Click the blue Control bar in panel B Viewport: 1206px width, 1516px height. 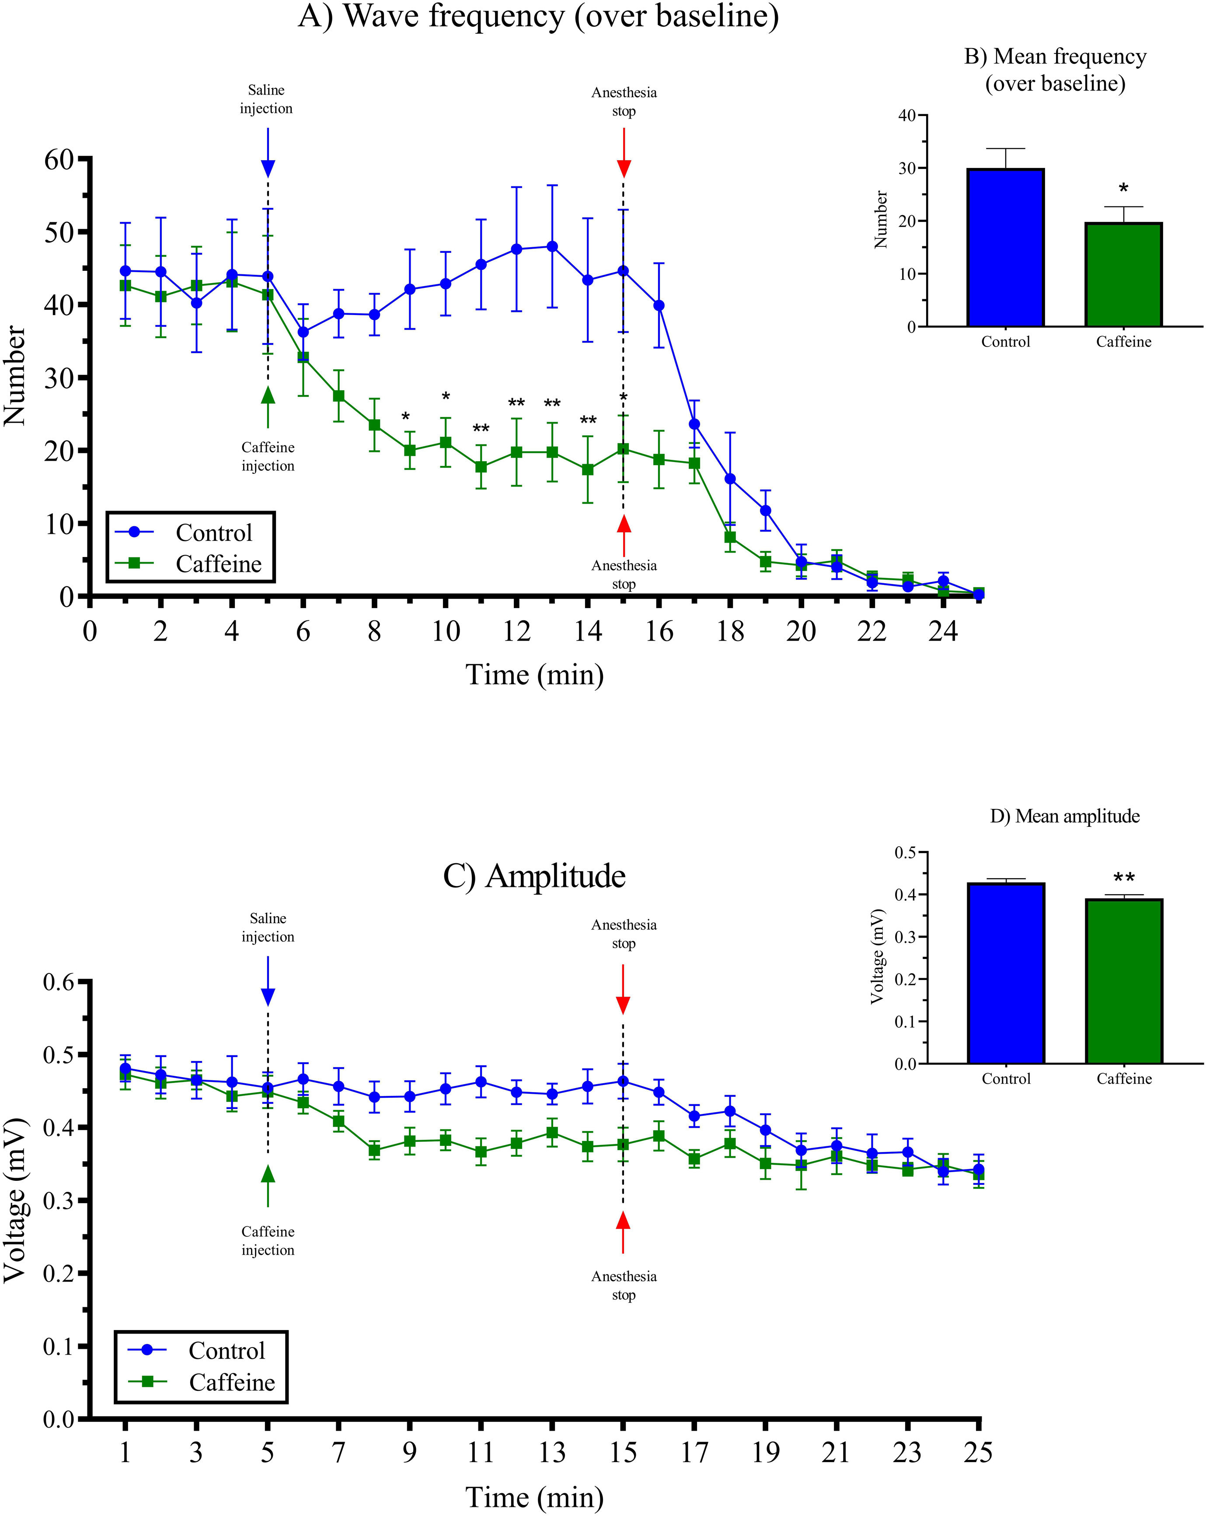[1006, 248]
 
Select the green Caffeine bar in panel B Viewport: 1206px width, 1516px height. [1123, 274]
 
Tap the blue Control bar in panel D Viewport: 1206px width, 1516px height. [1006, 973]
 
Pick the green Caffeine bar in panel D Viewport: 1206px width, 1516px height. [1123, 981]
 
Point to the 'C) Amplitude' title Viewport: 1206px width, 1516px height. [534, 876]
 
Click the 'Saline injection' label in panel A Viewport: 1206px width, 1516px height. [266, 99]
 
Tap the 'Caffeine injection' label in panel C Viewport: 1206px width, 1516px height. [268, 1241]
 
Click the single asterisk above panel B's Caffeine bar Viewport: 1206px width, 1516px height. [1123, 189]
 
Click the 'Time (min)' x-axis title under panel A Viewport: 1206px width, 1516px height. [534, 675]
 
